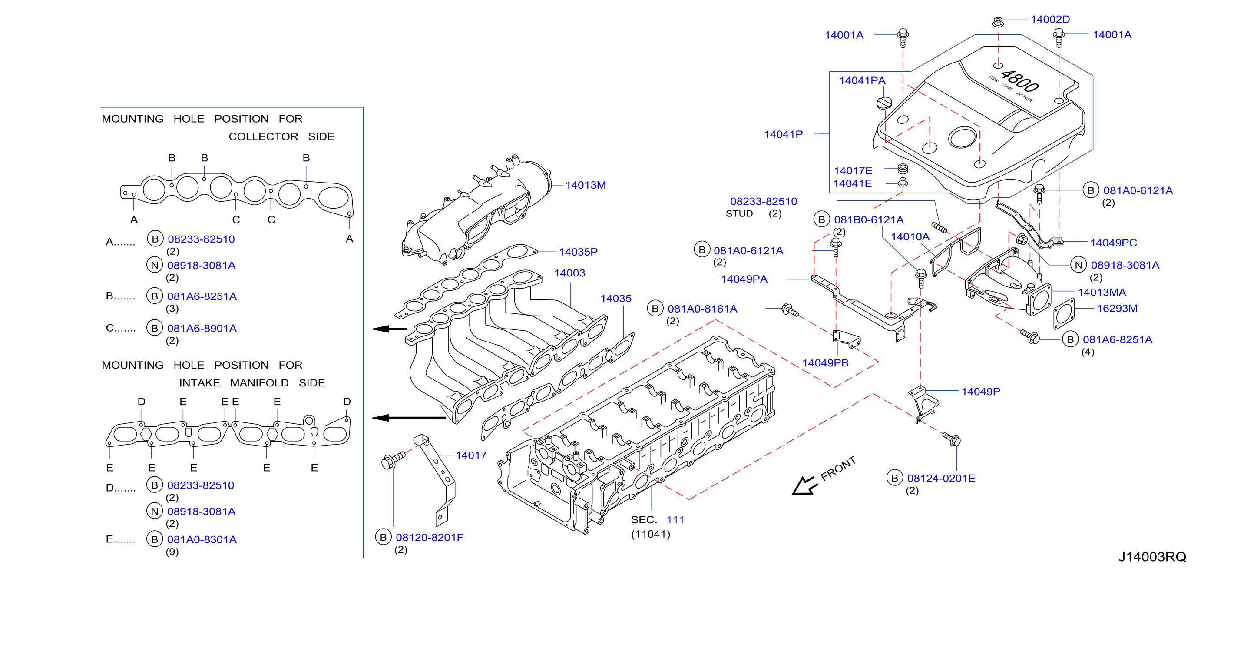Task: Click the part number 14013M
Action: click(x=586, y=185)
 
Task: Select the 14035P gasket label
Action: click(x=578, y=252)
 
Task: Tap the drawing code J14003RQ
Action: click(x=1152, y=556)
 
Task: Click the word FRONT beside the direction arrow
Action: click(x=838, y=468)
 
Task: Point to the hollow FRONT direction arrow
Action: click(x=804, y=485)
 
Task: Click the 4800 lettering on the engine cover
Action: click(x=1020, y=81)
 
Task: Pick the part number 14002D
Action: click(x=1050, y=19)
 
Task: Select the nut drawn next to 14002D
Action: click(x=998, y=22)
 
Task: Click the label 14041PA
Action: click(x=862, y=80)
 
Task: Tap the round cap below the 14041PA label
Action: click(x=884, y=103)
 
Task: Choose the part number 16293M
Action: click(x=1117, y=308)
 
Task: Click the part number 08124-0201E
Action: click(x=941, y=478)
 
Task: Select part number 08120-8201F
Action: click(x=429, y=537)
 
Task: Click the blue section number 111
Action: click(x=675, y=519)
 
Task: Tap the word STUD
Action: click(x=739, y=213)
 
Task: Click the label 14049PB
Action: click(x=825, y=363)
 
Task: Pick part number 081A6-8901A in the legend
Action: click(x=202, y=328)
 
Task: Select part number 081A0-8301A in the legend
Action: click(x=202, y=539)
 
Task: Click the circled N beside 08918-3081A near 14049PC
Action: click(x=1079, y=265)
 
